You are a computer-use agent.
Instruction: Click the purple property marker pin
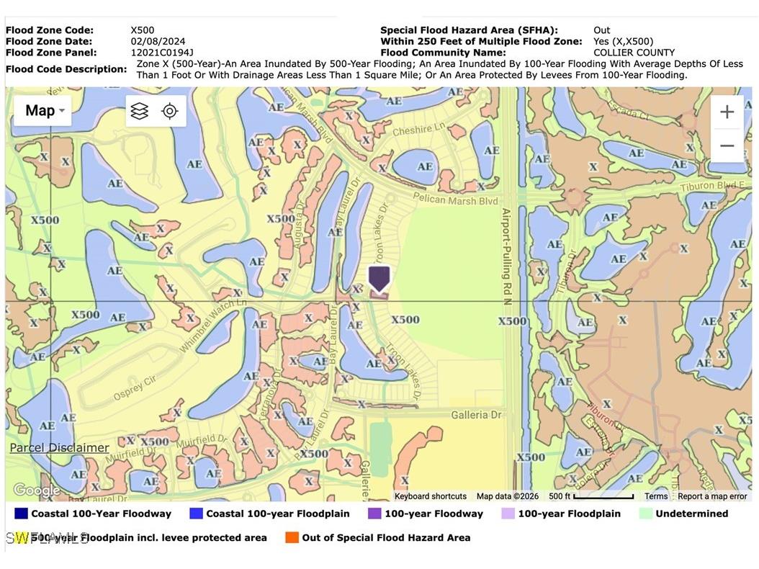[379, 278]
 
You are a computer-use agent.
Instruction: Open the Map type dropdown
[43, 111]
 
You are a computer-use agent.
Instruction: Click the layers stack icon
[140, 111]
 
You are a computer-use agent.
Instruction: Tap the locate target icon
[170, 111]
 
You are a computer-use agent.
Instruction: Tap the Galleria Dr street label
[476, 415]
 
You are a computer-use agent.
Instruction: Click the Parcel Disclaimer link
[59, 448]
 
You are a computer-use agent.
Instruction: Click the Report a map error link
[711, 496]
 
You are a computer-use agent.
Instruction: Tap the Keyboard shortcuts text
[430, 496]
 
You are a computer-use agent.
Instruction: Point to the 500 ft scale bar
[590, 496]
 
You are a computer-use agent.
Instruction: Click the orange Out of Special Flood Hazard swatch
[292, 537]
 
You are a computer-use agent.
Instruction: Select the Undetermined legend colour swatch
[645, 514]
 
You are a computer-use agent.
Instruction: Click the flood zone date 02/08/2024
[157, 41]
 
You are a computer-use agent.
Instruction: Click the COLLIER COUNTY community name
[634, 53]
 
